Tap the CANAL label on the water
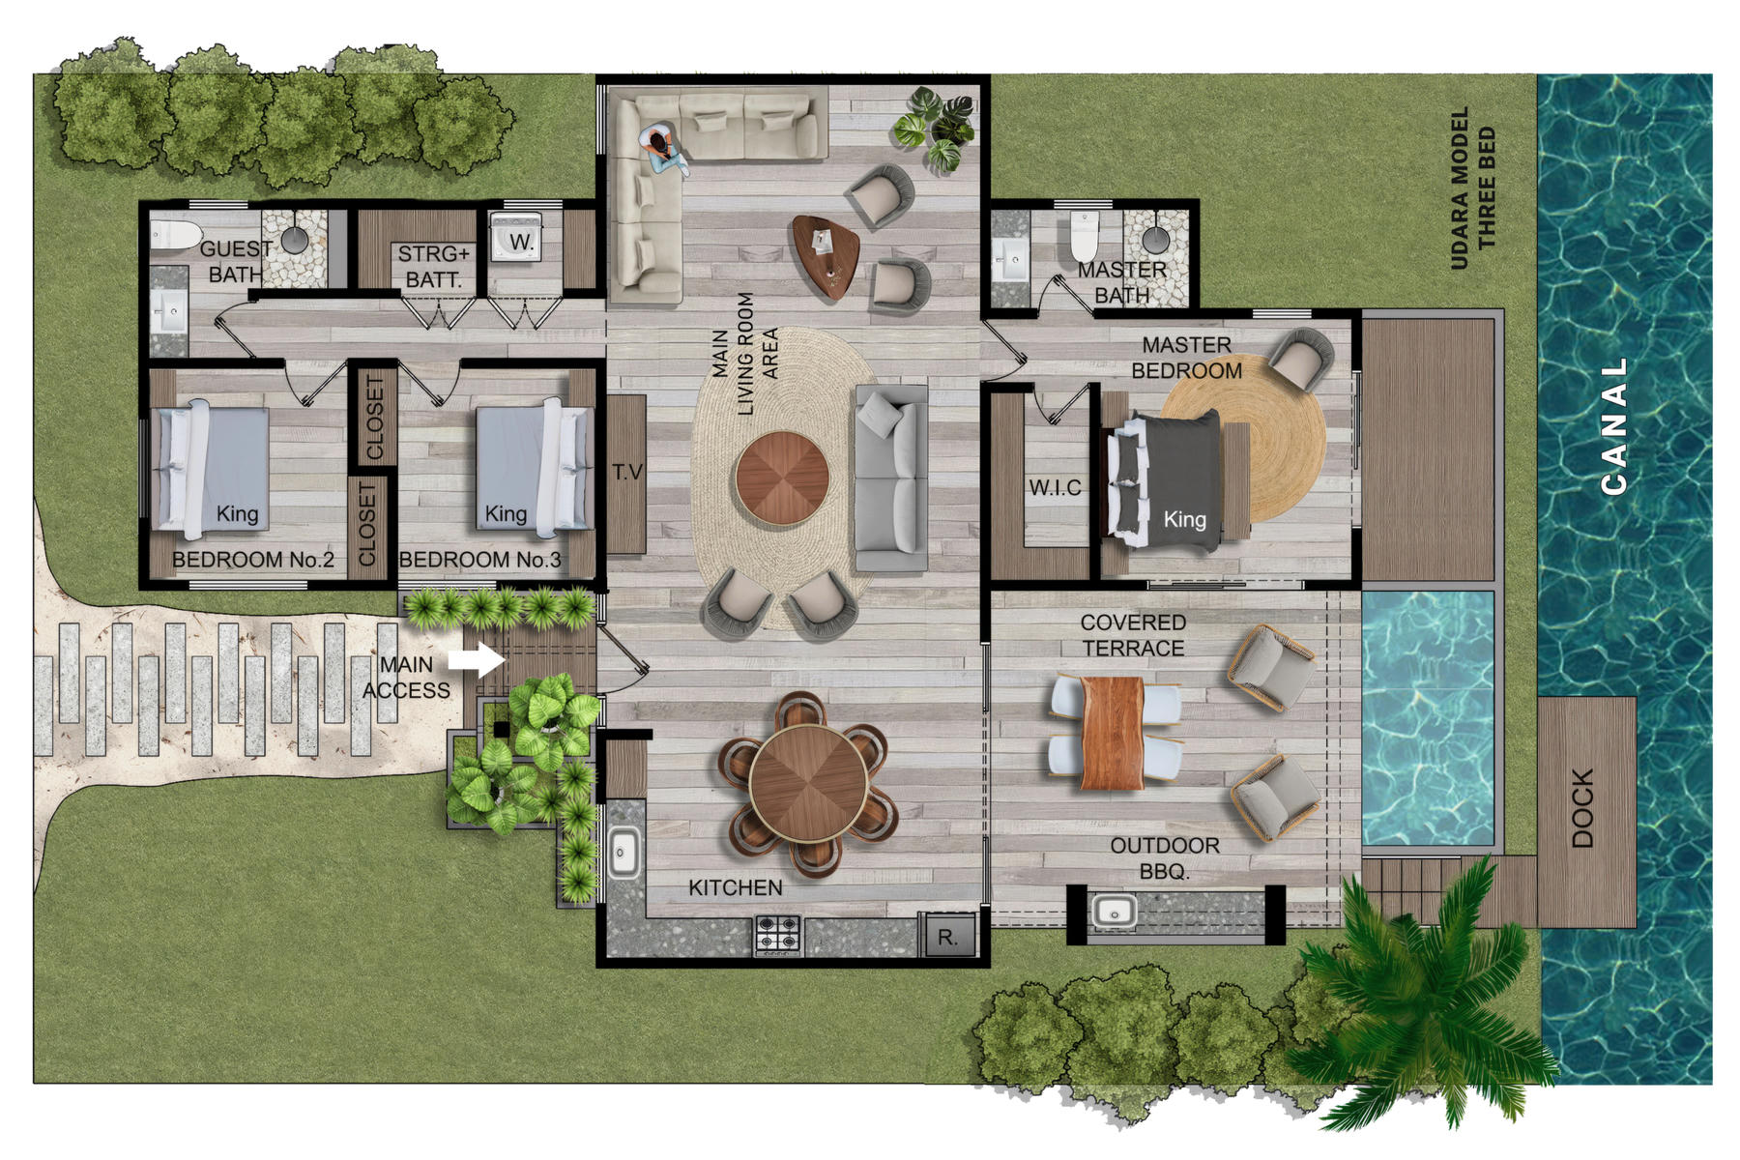[x=1613, y=426]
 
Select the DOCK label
[x=1582, y=808]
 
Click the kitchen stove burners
[x=777, y=935]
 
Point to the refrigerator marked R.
[x=948, y=936]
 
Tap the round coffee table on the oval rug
[x=782, y=478]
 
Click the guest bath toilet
[x=174, y=234]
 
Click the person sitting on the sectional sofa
[x=663, y=150]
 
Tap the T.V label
[x=627, y=472]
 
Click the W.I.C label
[x=1055, y=488]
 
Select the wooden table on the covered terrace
[x=1113, y=733]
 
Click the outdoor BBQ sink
[x=1115, y=912]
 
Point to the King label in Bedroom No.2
[x=237, y=513]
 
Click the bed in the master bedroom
[x=1165, y=480]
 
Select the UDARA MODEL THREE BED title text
[x=1472, y=188]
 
